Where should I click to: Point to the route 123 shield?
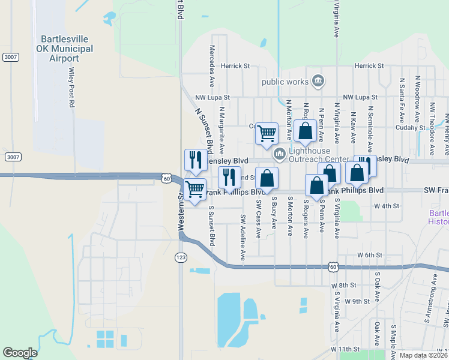(180, 257)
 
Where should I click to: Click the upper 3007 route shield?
(10, 57)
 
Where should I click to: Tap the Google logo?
(20, 353)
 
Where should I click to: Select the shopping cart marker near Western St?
(195, 190)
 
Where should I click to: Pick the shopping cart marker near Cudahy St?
(267, 133)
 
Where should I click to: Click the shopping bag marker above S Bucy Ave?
(267, 178)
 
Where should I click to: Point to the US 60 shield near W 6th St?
(333, 266)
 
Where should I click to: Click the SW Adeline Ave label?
(243, 237)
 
